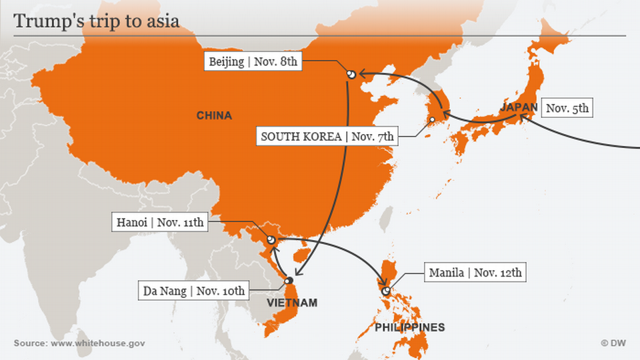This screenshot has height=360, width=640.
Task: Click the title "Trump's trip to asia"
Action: tap(96, 21)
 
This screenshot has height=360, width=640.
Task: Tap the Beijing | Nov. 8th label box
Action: tap(253, 62)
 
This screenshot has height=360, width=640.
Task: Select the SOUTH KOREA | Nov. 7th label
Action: tap(327, 137)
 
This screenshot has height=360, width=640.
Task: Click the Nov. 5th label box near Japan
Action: tap(567, 108)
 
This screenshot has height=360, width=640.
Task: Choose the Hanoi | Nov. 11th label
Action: tap(158, 223)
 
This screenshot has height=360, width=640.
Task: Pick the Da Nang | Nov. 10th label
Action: tap(194, 291)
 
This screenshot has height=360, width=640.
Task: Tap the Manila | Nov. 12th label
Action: tap(475, 272)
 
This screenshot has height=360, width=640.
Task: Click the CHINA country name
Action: tap(214, 116)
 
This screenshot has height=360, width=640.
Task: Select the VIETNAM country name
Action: tap(292, 303)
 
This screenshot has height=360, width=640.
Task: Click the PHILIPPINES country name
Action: tap(409, 327)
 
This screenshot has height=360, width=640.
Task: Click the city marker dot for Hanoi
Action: tap(271, 239)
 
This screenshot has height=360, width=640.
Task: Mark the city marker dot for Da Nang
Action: tap(289, 279)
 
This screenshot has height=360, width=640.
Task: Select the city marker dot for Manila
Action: tap(385, 291)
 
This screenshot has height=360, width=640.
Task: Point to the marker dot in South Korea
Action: tap(431, 120)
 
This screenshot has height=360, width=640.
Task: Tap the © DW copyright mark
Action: tap(613, 343)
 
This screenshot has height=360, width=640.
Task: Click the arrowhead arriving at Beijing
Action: tap(361, 74)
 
